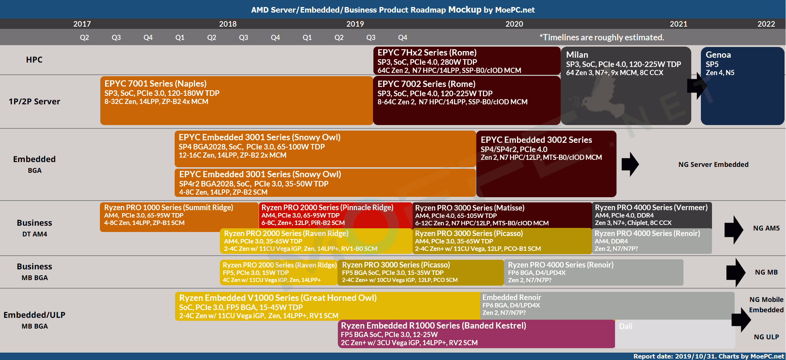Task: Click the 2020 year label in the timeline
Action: coord(514,24)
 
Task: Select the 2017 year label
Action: coord(82,24)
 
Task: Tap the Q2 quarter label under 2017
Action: coord(84,38)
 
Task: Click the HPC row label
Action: coord(34,60)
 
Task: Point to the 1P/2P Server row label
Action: coord(34,102)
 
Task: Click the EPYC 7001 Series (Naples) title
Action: coord(155,84)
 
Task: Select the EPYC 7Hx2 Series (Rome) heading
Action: coord(427,53)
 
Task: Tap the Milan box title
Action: coord(577,55)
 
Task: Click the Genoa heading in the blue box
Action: coord(718,55)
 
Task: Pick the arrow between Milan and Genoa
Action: coord(696,86)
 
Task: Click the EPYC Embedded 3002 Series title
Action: coord(536,140)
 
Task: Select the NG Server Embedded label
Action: coord(713,165)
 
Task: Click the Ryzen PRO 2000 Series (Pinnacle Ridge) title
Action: coord(327,208)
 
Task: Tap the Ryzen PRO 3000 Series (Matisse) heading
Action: coord(470,208)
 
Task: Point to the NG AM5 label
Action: coord(766,228)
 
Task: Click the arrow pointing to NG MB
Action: coord(735,273)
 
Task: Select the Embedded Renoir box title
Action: coord(511,297)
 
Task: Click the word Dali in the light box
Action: coord(625,326)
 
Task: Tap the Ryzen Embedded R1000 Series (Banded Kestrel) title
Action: coord(433,326)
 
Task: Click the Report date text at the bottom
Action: coord(708,356)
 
